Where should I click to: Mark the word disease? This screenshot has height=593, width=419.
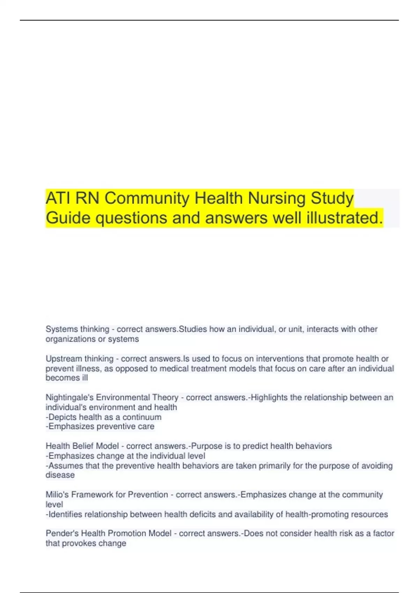point(60,475)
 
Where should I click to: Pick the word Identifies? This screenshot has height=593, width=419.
point(65,515)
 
